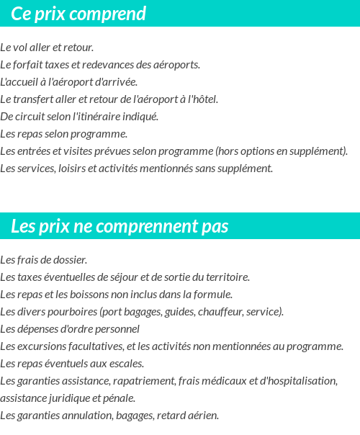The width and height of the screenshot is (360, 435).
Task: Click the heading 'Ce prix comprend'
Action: (78, 14)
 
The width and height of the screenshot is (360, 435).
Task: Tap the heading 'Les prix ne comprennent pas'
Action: (120, 227)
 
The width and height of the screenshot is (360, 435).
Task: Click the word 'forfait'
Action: (27, 65)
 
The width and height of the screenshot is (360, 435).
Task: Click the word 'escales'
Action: (127, 363)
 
